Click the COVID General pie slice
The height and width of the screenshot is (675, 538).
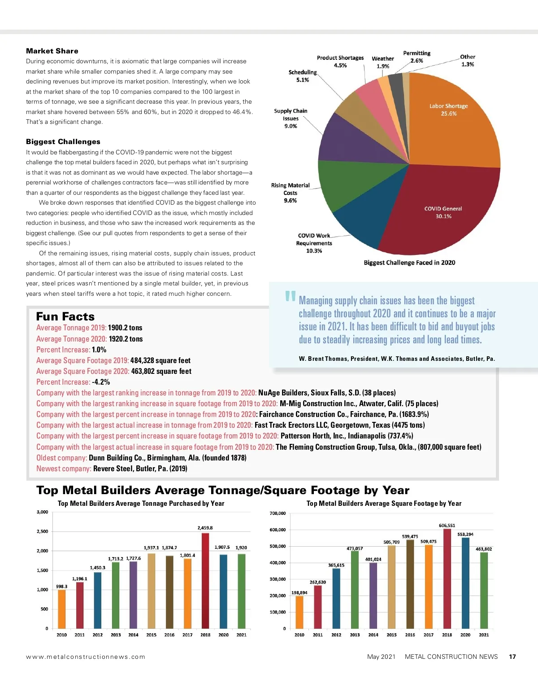tap(439, 211)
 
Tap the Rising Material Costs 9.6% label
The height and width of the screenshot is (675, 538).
tap(290, 193)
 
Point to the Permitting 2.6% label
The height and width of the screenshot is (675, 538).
tap(417, 57)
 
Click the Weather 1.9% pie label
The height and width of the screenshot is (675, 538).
tap(383, 62)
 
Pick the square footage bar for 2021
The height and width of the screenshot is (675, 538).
tap(484, 590)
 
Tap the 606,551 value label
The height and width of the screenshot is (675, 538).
tap(447, 525)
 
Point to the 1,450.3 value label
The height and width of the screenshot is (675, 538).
tap(98, 568)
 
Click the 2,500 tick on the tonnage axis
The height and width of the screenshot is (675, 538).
tap(42, 531)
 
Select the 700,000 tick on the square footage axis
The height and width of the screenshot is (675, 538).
tap(278, 513)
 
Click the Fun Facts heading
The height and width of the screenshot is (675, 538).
tap(65, 316)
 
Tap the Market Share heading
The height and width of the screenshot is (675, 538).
tap(52, 51)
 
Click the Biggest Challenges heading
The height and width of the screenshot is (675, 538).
tap(63, 142)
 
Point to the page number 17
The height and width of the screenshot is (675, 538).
tap(512, 657)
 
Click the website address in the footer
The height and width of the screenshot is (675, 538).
tap(86, 657)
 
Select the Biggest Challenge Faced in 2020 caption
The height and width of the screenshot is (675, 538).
tap(409, 263)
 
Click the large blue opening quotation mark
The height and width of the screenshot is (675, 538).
tap(290, 297)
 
